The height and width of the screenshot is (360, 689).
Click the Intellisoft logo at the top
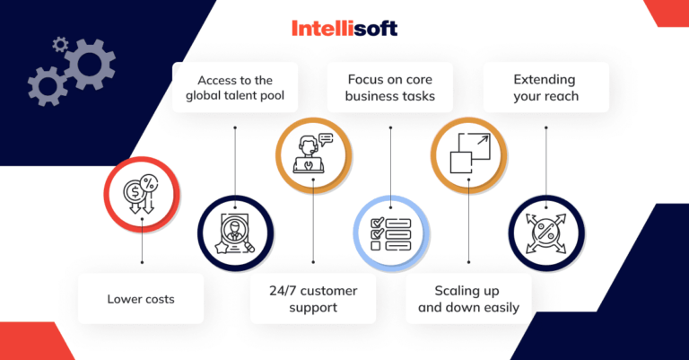344,29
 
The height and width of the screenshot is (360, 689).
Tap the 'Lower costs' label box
141,299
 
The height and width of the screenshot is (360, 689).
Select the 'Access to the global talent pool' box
235,87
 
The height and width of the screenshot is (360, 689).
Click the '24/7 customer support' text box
312,299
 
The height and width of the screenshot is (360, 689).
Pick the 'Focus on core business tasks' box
390,87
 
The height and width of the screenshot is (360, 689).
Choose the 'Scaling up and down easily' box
469,299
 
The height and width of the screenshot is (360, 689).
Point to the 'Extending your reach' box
545,87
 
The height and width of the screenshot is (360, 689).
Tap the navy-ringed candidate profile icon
235,232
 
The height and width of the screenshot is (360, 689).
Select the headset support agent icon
312,154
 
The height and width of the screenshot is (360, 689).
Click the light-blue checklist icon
391,232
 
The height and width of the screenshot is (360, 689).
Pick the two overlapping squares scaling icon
468,154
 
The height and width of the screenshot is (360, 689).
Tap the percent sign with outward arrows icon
545,232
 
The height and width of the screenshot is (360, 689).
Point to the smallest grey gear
60,43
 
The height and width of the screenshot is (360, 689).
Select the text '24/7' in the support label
283,291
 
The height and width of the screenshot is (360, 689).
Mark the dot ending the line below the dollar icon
142,263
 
